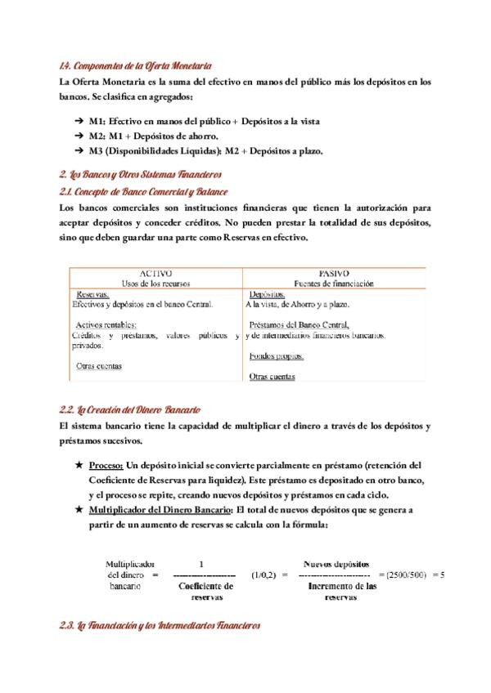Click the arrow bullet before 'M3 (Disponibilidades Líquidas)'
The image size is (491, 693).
tap(79, 150)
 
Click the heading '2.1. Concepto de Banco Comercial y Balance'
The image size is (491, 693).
tap(143, 191)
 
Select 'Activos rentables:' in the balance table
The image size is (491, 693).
tap(106, 325)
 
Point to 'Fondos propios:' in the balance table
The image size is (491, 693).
tap(277, 356)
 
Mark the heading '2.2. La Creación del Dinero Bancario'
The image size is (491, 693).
tap(130, 409)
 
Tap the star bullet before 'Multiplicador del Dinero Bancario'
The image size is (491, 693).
tap(78, 509)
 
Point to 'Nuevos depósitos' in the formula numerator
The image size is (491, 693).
tap(336, 563)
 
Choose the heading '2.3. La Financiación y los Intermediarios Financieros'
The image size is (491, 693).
tap(160, 626)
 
